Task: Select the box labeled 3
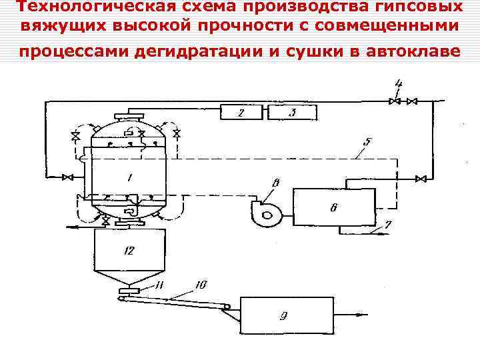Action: click(292, 113)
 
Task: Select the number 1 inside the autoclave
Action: click(129, 177)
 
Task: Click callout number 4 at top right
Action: click(398, 84)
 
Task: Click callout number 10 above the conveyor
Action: click(201, 285)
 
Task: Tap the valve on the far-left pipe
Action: click(67, 177)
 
